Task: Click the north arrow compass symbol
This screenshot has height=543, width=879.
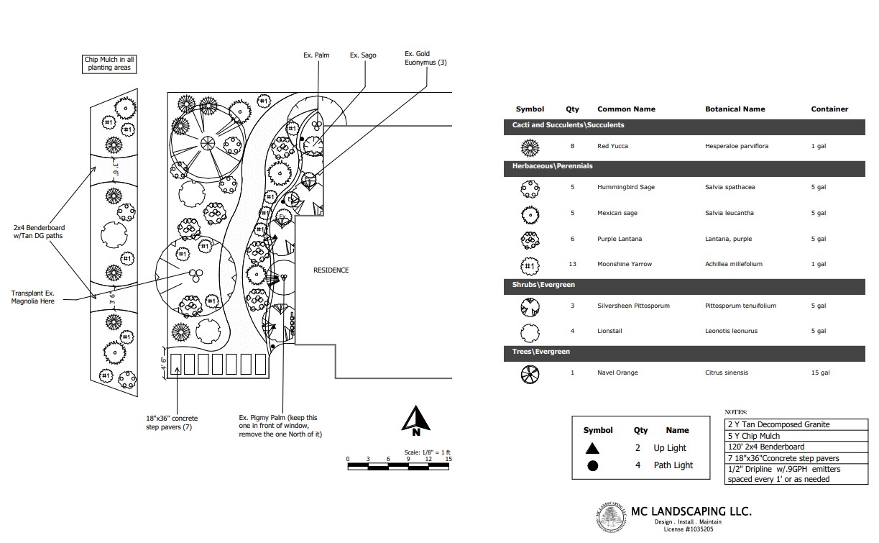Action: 415,421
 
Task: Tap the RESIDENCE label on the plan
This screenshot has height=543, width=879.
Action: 331,270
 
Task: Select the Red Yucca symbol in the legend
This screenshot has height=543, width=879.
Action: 530,147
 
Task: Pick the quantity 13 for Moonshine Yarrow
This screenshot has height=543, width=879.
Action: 573,264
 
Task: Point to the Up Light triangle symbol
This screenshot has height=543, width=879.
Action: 592,448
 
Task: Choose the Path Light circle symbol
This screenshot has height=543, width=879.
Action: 592,465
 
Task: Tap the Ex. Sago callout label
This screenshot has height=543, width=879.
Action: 362,55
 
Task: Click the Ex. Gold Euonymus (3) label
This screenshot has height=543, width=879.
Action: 425,58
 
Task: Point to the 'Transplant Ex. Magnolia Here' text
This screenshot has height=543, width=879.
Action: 33,297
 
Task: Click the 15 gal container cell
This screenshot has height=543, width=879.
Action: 820,373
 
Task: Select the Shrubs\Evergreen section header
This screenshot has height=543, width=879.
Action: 543,285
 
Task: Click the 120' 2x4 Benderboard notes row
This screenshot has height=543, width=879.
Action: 763,447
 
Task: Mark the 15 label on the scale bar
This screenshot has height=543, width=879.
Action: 448,459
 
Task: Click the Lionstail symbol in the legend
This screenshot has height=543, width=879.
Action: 530,332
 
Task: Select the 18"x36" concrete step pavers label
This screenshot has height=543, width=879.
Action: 172,423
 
